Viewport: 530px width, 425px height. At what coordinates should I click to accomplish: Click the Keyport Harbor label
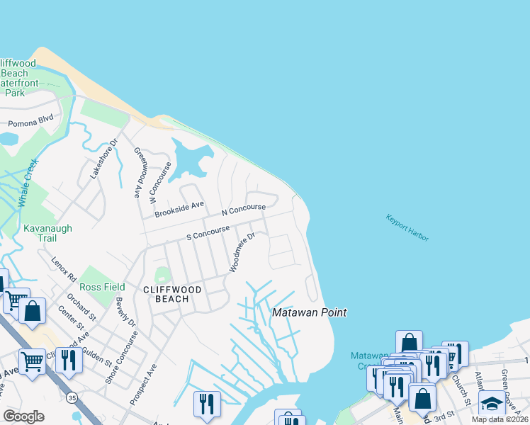tap(407, 228)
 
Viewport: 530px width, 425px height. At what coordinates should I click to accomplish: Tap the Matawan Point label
tap(303, 312)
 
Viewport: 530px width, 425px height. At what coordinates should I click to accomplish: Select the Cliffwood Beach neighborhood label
tap(172, 294)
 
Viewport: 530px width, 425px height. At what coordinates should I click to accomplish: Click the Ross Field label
tap(102, 287)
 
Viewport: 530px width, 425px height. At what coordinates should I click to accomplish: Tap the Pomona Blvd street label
tap(30, 122)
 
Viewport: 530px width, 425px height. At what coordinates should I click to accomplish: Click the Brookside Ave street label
tap(179, 208)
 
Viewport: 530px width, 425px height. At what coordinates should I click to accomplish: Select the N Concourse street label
tap(243, 210)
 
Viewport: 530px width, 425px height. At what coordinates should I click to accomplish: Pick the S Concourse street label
tap(208, 232)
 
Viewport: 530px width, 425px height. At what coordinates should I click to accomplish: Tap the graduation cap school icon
tap(492, 404)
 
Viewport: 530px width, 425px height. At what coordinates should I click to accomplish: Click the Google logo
tap(23, 416)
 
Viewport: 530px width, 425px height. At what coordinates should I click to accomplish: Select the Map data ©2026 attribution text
tap(500, 419)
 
